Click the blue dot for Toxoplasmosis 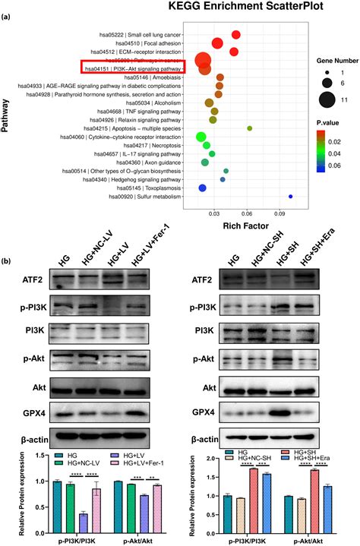point(202,188)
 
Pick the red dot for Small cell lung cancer point(236,36)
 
